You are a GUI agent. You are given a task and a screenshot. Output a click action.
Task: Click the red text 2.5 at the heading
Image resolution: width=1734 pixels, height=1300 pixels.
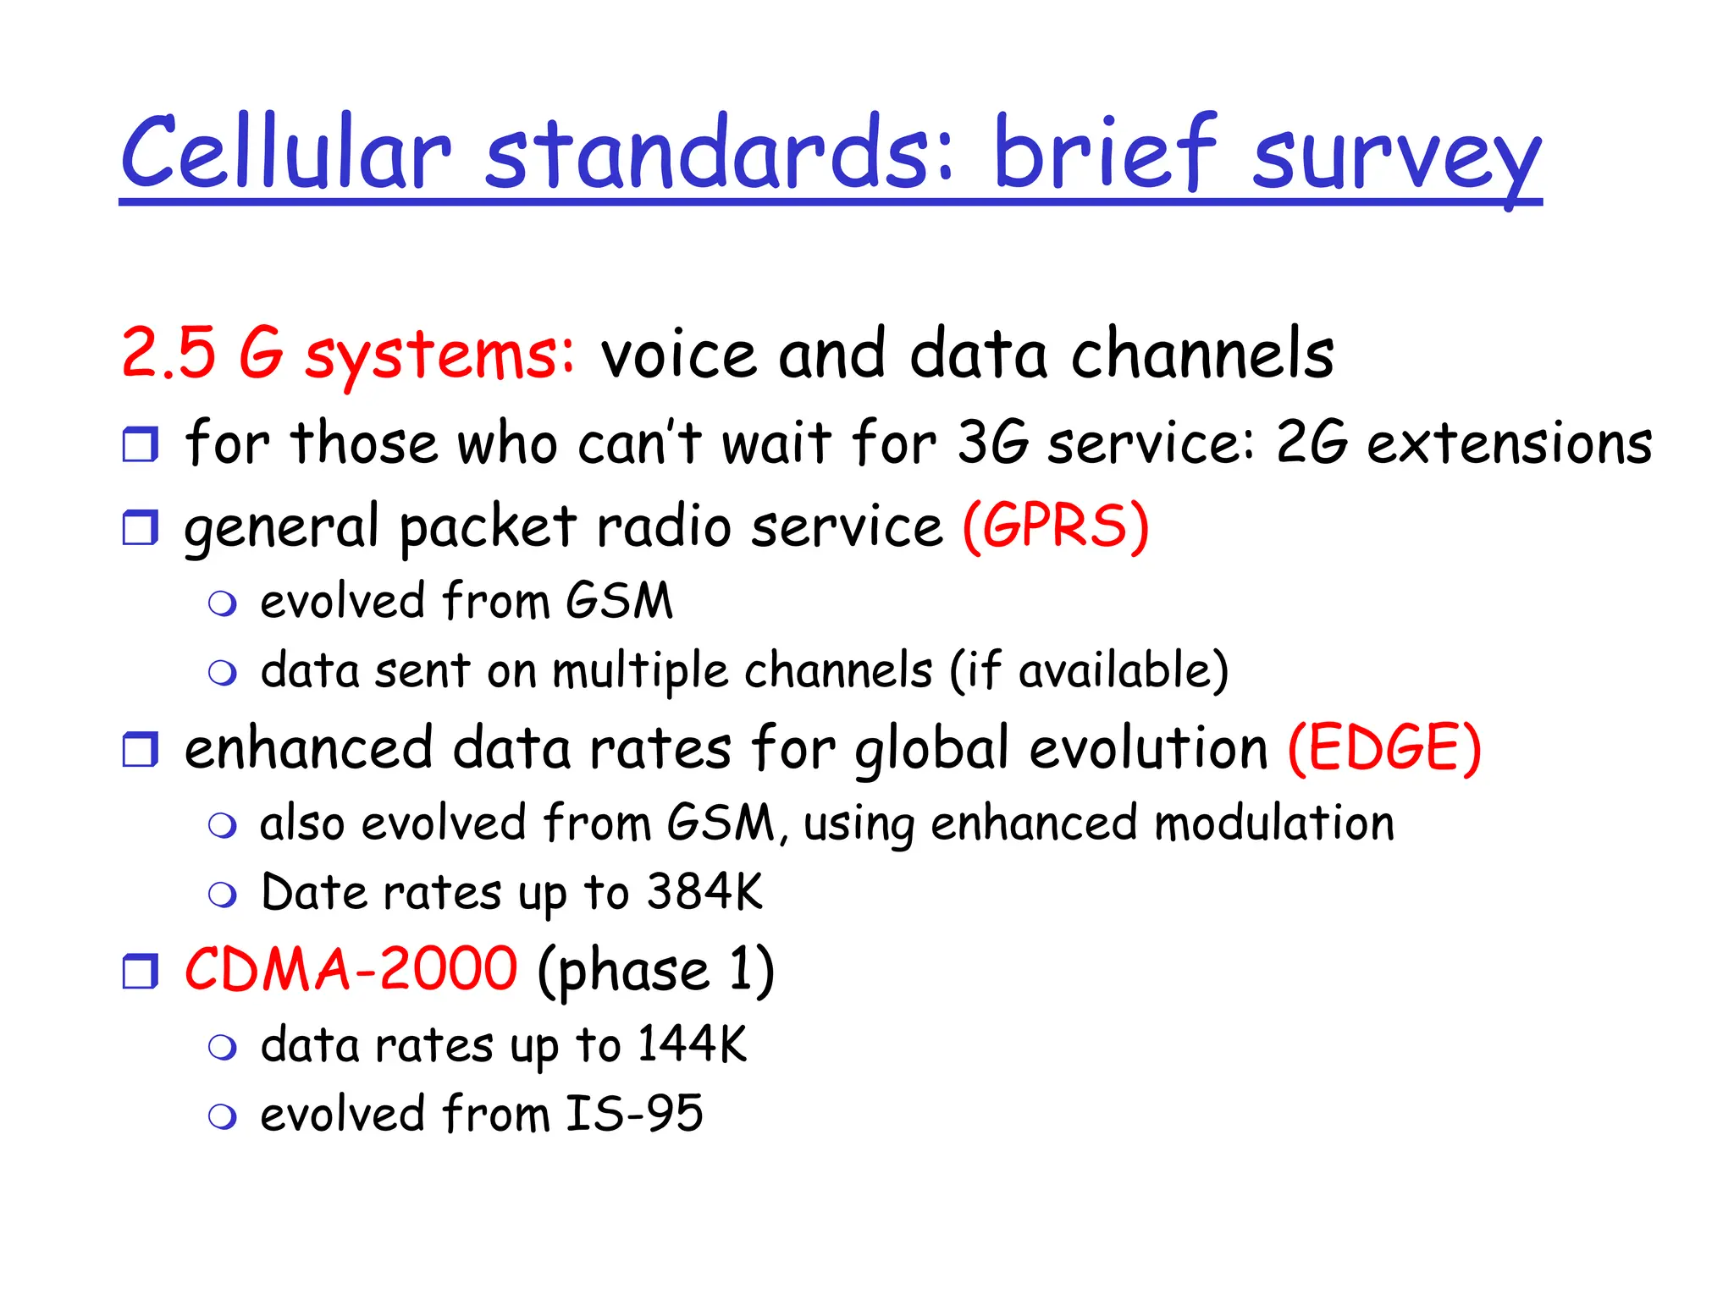169,353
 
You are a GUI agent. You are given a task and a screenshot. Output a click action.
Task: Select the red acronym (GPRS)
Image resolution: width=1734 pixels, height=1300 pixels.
1056,526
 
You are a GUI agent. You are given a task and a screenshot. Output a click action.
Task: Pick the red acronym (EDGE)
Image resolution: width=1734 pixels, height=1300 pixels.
1384,748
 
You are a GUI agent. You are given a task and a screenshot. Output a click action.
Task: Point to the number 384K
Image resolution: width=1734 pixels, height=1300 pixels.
704,892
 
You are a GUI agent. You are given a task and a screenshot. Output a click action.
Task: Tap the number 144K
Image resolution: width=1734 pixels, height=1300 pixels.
692,1044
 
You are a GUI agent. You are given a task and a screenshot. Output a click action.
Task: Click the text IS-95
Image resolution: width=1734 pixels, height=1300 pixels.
634,1114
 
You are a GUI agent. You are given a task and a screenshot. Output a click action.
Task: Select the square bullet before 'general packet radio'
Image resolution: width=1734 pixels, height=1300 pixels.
141,527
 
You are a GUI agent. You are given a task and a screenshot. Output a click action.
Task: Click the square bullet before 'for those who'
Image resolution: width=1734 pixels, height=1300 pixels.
141,444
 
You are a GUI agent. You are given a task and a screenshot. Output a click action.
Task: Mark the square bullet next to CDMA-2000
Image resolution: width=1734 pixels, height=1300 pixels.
141,971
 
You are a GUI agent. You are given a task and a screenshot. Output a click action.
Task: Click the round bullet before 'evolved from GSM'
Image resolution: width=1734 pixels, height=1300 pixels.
223,603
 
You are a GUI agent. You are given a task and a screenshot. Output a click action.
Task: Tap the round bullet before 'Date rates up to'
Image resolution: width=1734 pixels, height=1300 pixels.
223,895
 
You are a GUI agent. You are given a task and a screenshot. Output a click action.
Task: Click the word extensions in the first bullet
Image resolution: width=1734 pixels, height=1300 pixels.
1509,443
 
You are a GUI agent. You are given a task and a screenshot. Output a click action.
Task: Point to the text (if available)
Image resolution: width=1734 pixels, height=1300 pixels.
1088,671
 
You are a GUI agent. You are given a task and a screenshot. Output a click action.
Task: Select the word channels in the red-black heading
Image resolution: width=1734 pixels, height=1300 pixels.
1202,353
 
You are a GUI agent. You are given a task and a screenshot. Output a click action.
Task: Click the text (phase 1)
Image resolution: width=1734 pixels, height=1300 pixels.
656,971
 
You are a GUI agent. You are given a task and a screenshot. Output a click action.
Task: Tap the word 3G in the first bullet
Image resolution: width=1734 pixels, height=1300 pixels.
992,443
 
